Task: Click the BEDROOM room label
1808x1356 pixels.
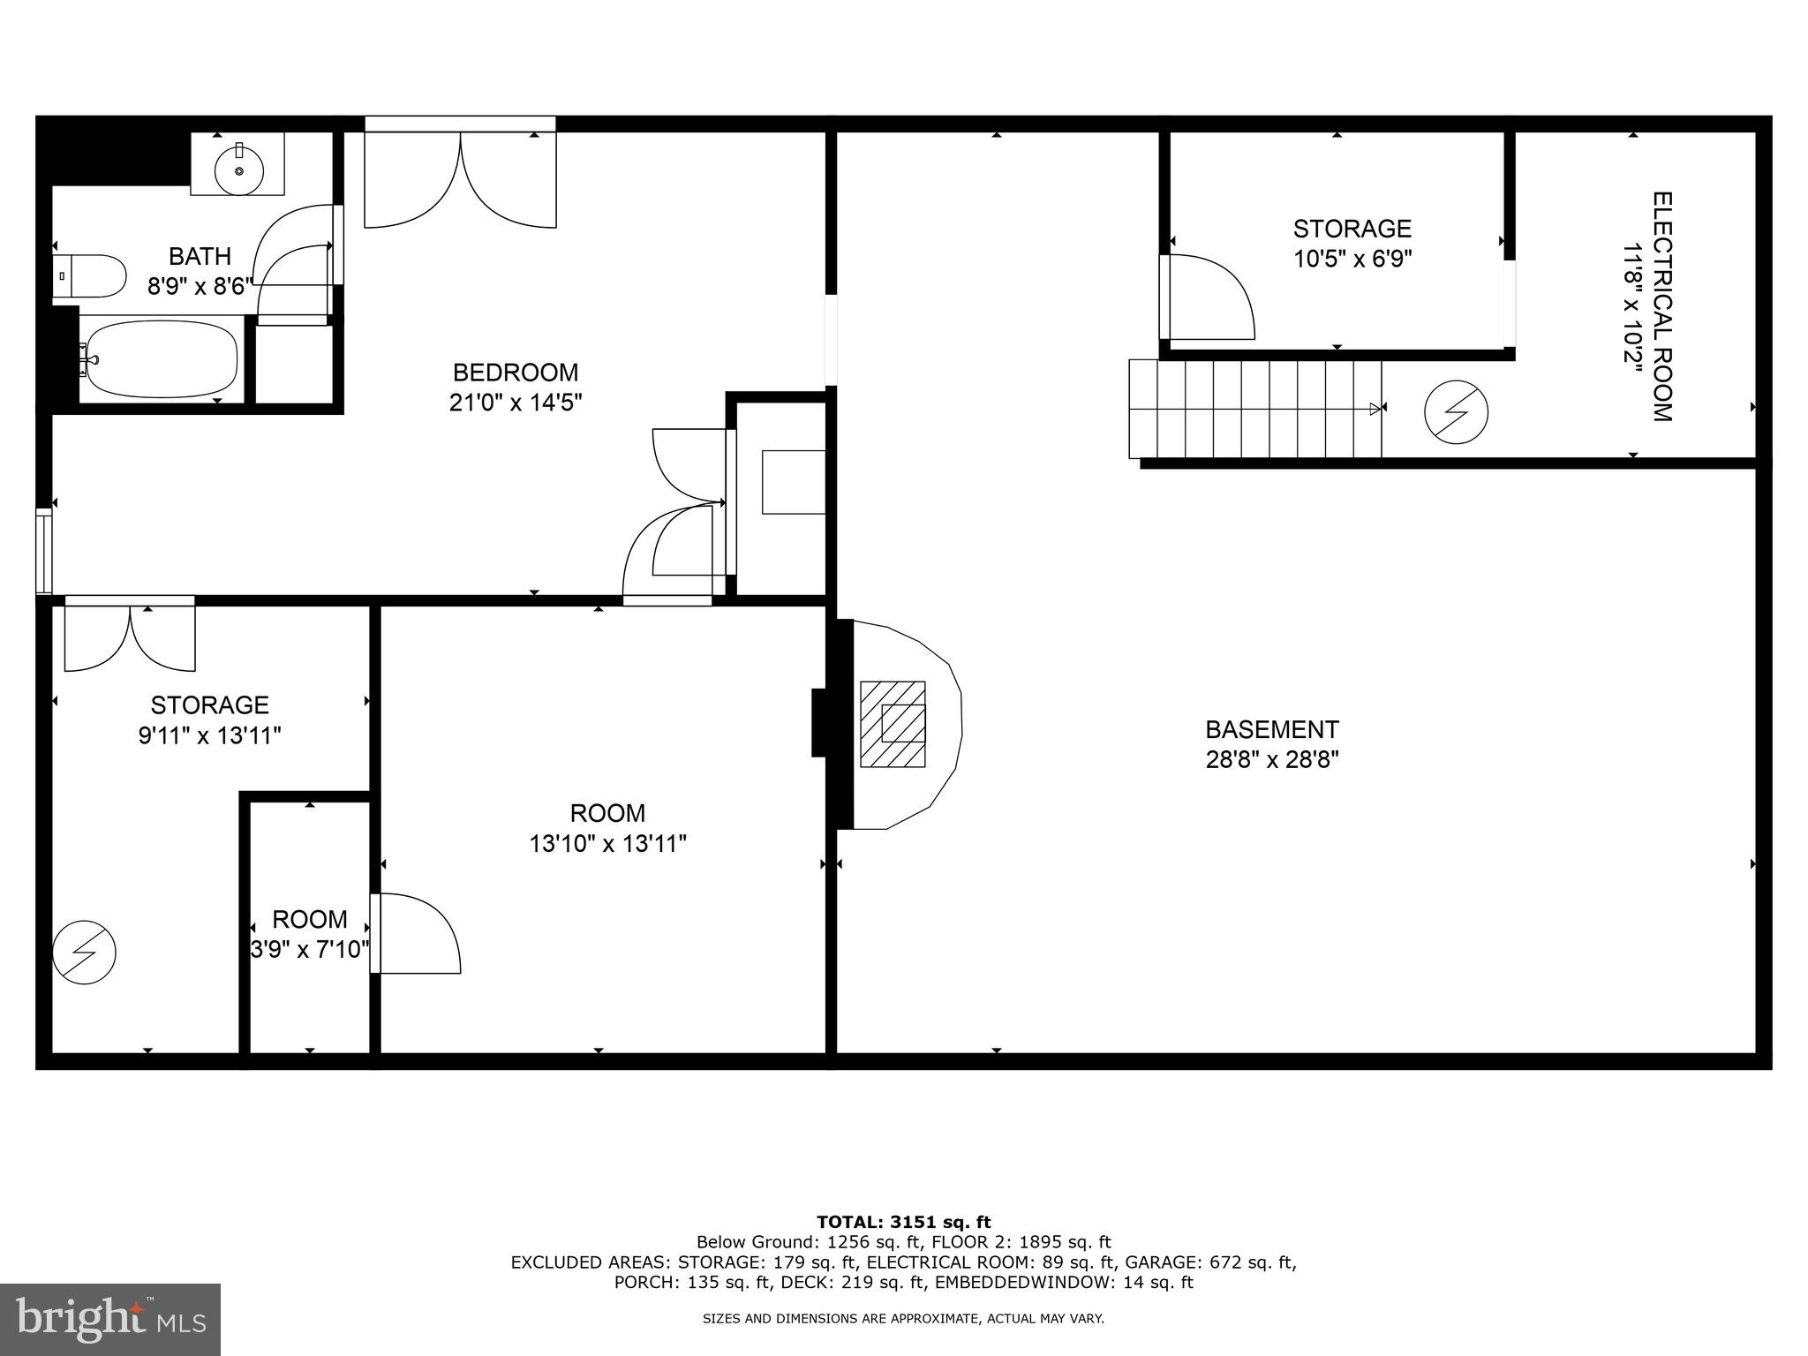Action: [x=516, y=373]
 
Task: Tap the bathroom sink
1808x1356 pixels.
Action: [x=238, y=165]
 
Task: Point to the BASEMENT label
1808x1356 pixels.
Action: [x=1272, y=730]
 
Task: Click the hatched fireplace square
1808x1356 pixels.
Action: [x=893, y=724]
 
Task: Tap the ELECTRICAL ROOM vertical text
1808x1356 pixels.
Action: [x=1661, y=306]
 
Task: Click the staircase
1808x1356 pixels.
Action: [x=1254, y=409]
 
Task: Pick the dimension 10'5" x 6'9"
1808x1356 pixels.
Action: [x=1352, y=260]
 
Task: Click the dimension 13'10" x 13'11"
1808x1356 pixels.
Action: [x=607, y=844]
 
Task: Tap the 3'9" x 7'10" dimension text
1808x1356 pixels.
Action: [x=309, y=950]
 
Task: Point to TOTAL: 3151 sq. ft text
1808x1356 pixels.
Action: [x=903, y=1223]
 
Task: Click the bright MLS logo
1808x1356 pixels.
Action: [x=110, y=1319]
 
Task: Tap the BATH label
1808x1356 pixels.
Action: [x=200, y=257]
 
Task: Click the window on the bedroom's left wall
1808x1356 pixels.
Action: [x=43, y=551]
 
